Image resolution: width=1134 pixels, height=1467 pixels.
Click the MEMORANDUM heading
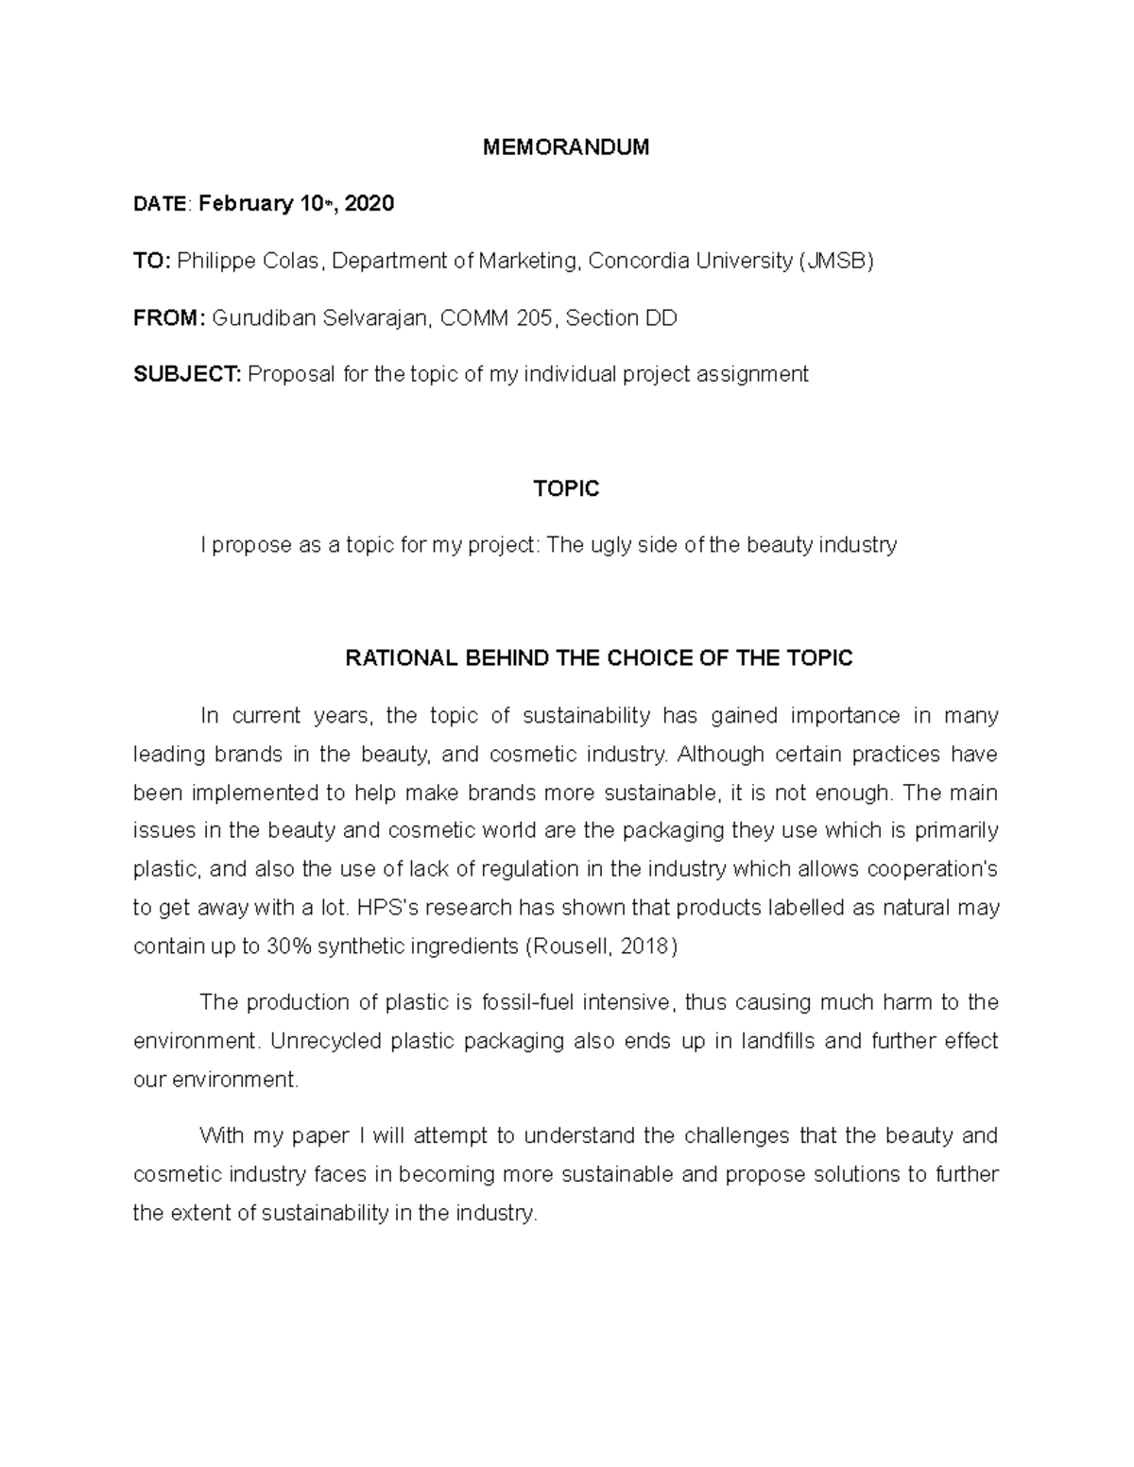[566, 147]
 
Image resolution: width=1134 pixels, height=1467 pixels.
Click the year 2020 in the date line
[369, 204]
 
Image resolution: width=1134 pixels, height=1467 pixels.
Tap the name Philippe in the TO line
[211, 262]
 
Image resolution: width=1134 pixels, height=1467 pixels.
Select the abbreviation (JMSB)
[836, 262]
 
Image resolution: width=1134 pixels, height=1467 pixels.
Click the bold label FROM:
[168, 318]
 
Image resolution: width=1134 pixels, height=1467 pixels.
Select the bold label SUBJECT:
[187, 375]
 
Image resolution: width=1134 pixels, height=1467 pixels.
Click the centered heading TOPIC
[566, 488]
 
